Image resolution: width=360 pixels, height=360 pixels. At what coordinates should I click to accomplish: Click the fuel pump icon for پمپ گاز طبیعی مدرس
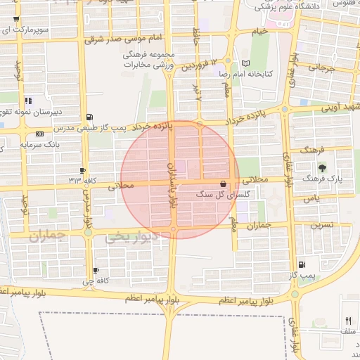pyautogui.click(x=88, y=117)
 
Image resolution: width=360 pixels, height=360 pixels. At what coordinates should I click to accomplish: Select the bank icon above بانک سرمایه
pyautogui.click(x=39, y=134)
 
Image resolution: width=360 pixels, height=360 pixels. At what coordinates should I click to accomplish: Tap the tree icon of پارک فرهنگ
pyautogui.click(x=323, y=167)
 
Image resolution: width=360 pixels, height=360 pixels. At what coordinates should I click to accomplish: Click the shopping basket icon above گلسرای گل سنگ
pyautogui.click(x=224, y=181)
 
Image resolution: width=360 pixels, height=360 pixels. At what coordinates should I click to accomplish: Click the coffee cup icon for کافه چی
pyautogui.click(x=96, y=270)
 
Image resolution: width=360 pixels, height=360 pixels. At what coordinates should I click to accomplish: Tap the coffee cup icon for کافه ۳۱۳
pyautogui.click(x=83, y=171)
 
